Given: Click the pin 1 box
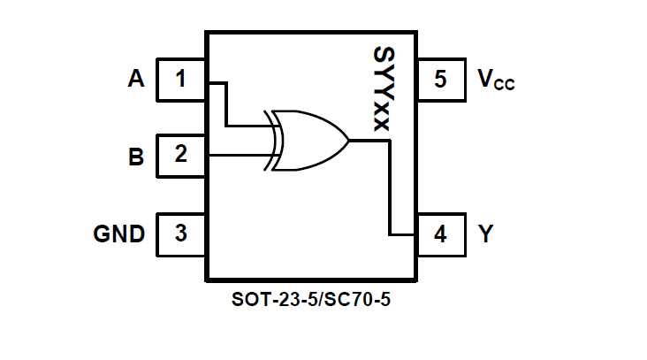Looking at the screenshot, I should pos(181,80).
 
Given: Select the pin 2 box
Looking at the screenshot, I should pos(181,156).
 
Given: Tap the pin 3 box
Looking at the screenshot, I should pos(181,234).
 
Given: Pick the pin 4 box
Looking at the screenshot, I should pos(440,234).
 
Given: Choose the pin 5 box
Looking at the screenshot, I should pos(440,80).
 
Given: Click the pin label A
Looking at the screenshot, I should pos(135,80).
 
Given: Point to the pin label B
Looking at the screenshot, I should pos(135,157).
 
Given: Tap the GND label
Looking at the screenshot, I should pos(119,234).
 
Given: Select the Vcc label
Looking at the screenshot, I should pos(495,80).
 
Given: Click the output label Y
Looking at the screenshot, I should pos(485,234).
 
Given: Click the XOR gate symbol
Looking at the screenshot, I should pos(309,141).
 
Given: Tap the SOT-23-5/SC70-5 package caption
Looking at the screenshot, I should pos(311,299).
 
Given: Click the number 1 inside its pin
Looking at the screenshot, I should pos(181,80).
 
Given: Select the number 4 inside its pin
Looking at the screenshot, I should pos(440,234).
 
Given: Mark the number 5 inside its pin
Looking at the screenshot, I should pos(440,80).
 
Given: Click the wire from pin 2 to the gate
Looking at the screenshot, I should pos(239,156).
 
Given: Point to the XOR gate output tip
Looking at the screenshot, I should pos(349,141).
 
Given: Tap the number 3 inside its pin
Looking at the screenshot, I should pos(181,234).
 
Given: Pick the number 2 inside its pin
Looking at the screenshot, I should pos(181,156).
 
